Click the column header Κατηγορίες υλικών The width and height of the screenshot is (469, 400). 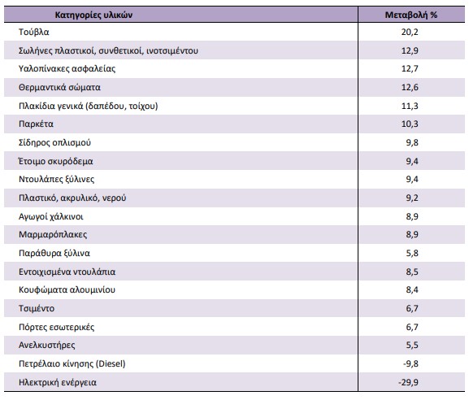click(x=93, y=15)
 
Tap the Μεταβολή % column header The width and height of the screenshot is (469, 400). click(x=411, y=15)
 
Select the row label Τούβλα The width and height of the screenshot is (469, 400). click(x=34, y=32)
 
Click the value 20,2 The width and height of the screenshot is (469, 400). click(x=410, y=32)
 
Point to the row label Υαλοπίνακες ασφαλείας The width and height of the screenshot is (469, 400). click(x=67, y=69)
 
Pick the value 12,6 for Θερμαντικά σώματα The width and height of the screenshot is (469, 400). click(x=410, y=87)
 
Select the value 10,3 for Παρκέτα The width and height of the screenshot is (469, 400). click(x=410, y=124)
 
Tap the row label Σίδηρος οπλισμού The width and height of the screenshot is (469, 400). click(x=54, y=143)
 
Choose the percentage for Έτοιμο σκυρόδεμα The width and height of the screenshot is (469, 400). click(x=412, y=161)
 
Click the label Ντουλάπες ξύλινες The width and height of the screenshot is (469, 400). click(x=57, y=179)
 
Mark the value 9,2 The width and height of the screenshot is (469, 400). click(x=412, y=198)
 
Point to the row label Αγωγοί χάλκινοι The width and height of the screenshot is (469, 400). click(x=51, y=216)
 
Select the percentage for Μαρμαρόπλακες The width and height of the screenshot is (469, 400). click(x=412, y=235)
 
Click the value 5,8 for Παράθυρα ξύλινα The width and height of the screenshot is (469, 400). click(x=412, y=253)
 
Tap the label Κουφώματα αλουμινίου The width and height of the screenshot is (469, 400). click(x=67, y=290)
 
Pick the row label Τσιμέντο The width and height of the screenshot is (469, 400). click(x=37, y=308)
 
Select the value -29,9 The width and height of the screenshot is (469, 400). click(x=409, y=382)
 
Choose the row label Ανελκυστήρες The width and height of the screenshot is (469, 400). click(x=47, y=346)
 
